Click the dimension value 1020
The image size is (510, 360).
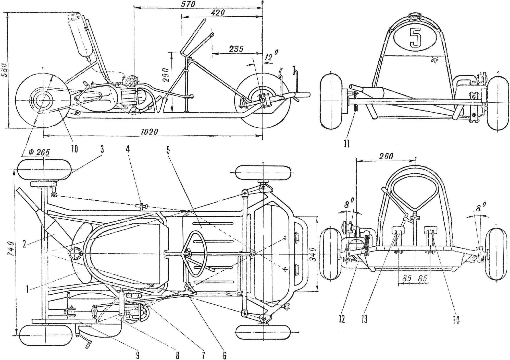click(x=149, y=131)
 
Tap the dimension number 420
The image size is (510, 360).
click(x=218, y=13)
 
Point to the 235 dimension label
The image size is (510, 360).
click(x=236, y=49)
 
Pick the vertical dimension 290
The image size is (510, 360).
click(x=166, y=75)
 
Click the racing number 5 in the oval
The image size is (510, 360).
click(x=415, y=38)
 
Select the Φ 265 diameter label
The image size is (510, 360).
click(x=39, y=152)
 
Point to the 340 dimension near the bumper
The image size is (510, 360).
click(x=313, y=254)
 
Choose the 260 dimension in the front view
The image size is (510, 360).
click(x=386, y=156)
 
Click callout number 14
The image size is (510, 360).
click(x=456, y=320)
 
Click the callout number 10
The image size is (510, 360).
click(x=74, y=149)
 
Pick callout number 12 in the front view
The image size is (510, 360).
click(x=342, y=319)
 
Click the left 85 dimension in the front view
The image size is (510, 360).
click(x=407, y=278)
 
